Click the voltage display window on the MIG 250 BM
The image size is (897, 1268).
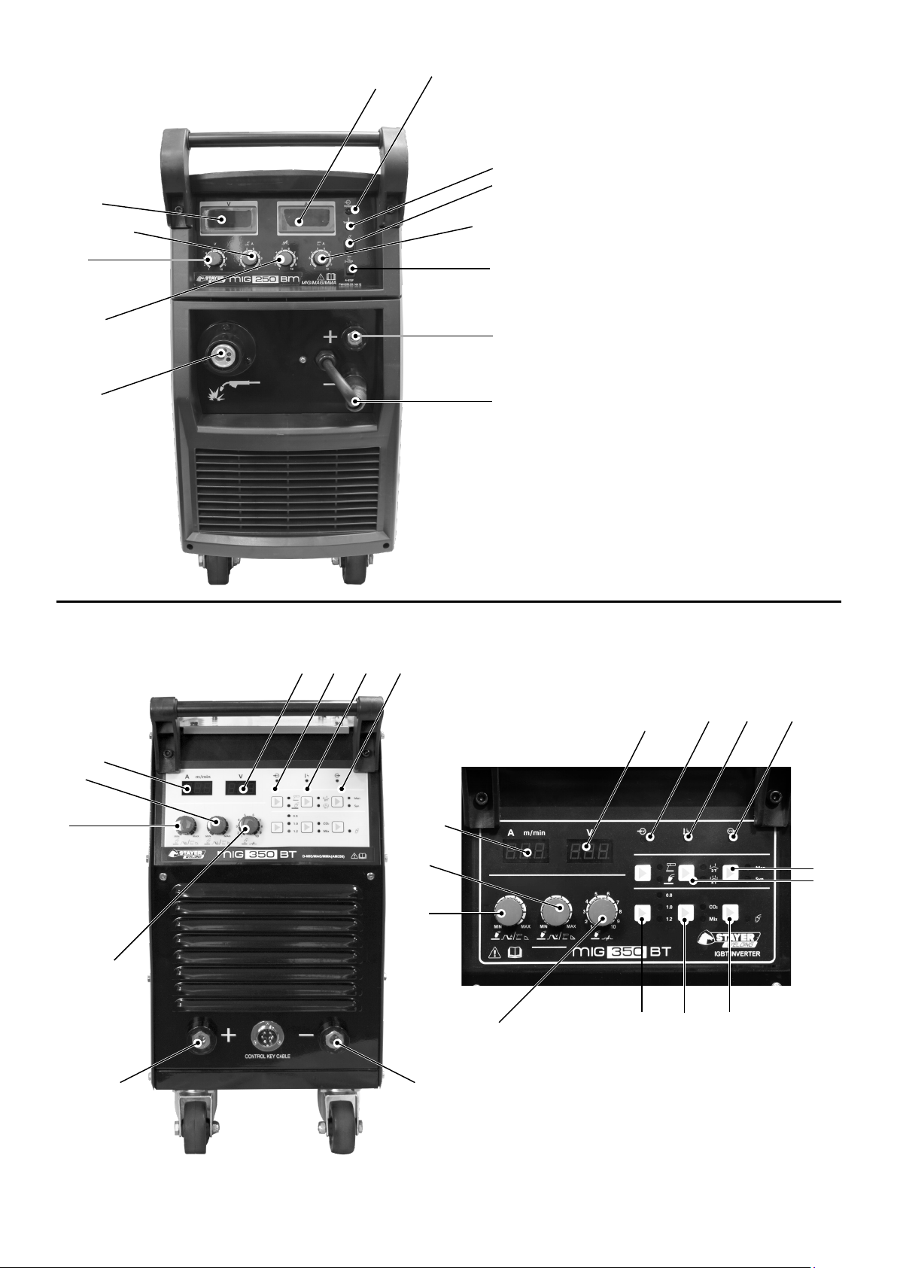223,218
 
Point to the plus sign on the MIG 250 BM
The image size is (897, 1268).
330,338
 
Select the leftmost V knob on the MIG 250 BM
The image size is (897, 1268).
214,260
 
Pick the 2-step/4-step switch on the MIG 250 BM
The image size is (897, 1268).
353,269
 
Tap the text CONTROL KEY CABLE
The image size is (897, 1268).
267,1056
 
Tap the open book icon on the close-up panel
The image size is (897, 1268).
516,952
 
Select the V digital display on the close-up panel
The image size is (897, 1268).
587,853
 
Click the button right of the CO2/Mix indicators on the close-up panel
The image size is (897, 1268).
729,913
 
